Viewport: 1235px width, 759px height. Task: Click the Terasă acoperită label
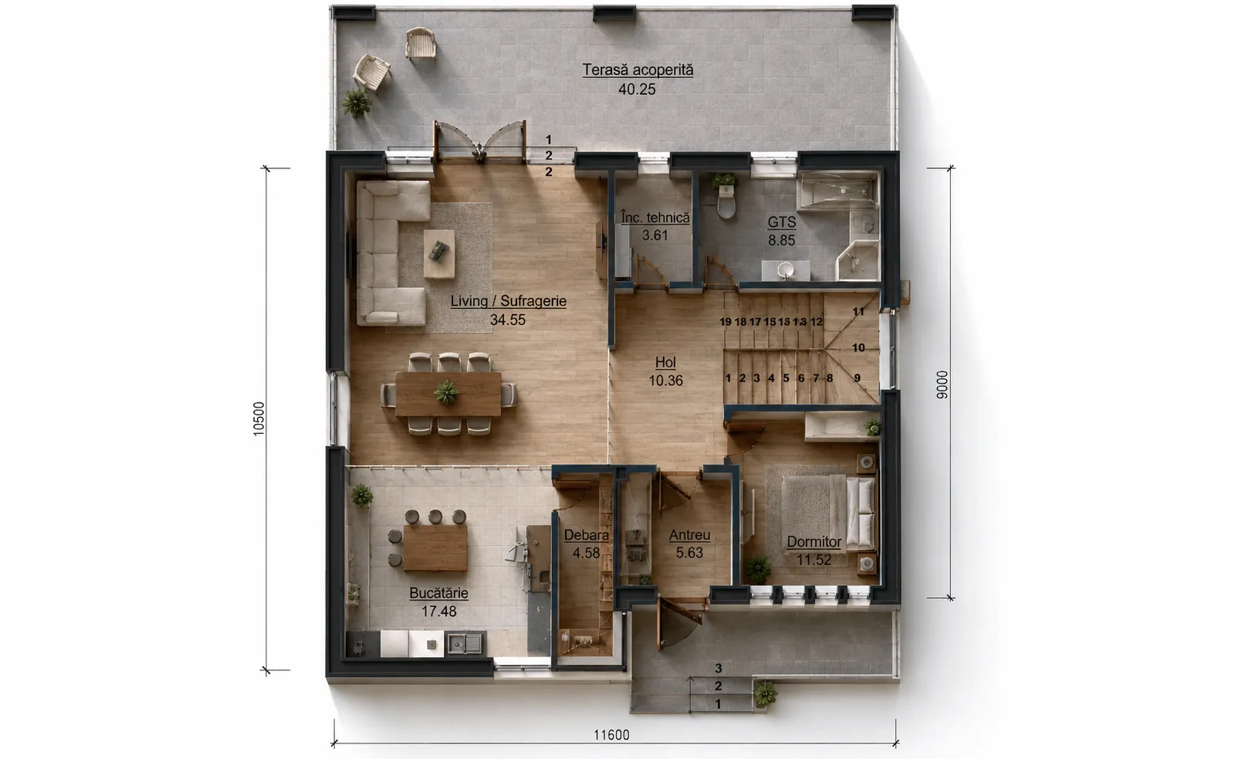tap(638, 70)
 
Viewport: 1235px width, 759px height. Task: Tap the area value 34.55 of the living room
tap(508, 320)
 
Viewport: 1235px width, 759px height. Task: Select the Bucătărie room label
tap(439, 593)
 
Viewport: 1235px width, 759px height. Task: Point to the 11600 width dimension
tap(611, 735)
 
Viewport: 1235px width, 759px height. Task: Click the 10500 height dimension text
tap(259, 419)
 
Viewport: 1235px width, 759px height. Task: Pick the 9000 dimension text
tap(942, 385)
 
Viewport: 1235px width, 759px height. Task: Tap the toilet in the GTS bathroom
tap(726, 202)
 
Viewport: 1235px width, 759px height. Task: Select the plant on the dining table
tap(446, 392)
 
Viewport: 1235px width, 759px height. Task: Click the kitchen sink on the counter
tap(464, 643)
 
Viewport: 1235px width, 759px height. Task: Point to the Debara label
tap(587, 535)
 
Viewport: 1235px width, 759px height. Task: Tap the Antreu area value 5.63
tap(690, 553)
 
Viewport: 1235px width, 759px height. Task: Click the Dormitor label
tap(814, 542)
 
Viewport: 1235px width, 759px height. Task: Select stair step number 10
tap(858, 347)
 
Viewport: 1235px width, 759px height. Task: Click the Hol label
tap(665, 362)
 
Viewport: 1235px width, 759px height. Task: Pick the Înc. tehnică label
tap(655, 218)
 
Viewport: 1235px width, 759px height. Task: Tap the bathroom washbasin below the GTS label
tap(786, 270)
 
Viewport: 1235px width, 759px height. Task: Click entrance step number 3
tap(719, 669)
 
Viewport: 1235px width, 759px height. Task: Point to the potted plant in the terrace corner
tap(357, 103)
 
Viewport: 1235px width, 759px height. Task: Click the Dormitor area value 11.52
tap(814, 560)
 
